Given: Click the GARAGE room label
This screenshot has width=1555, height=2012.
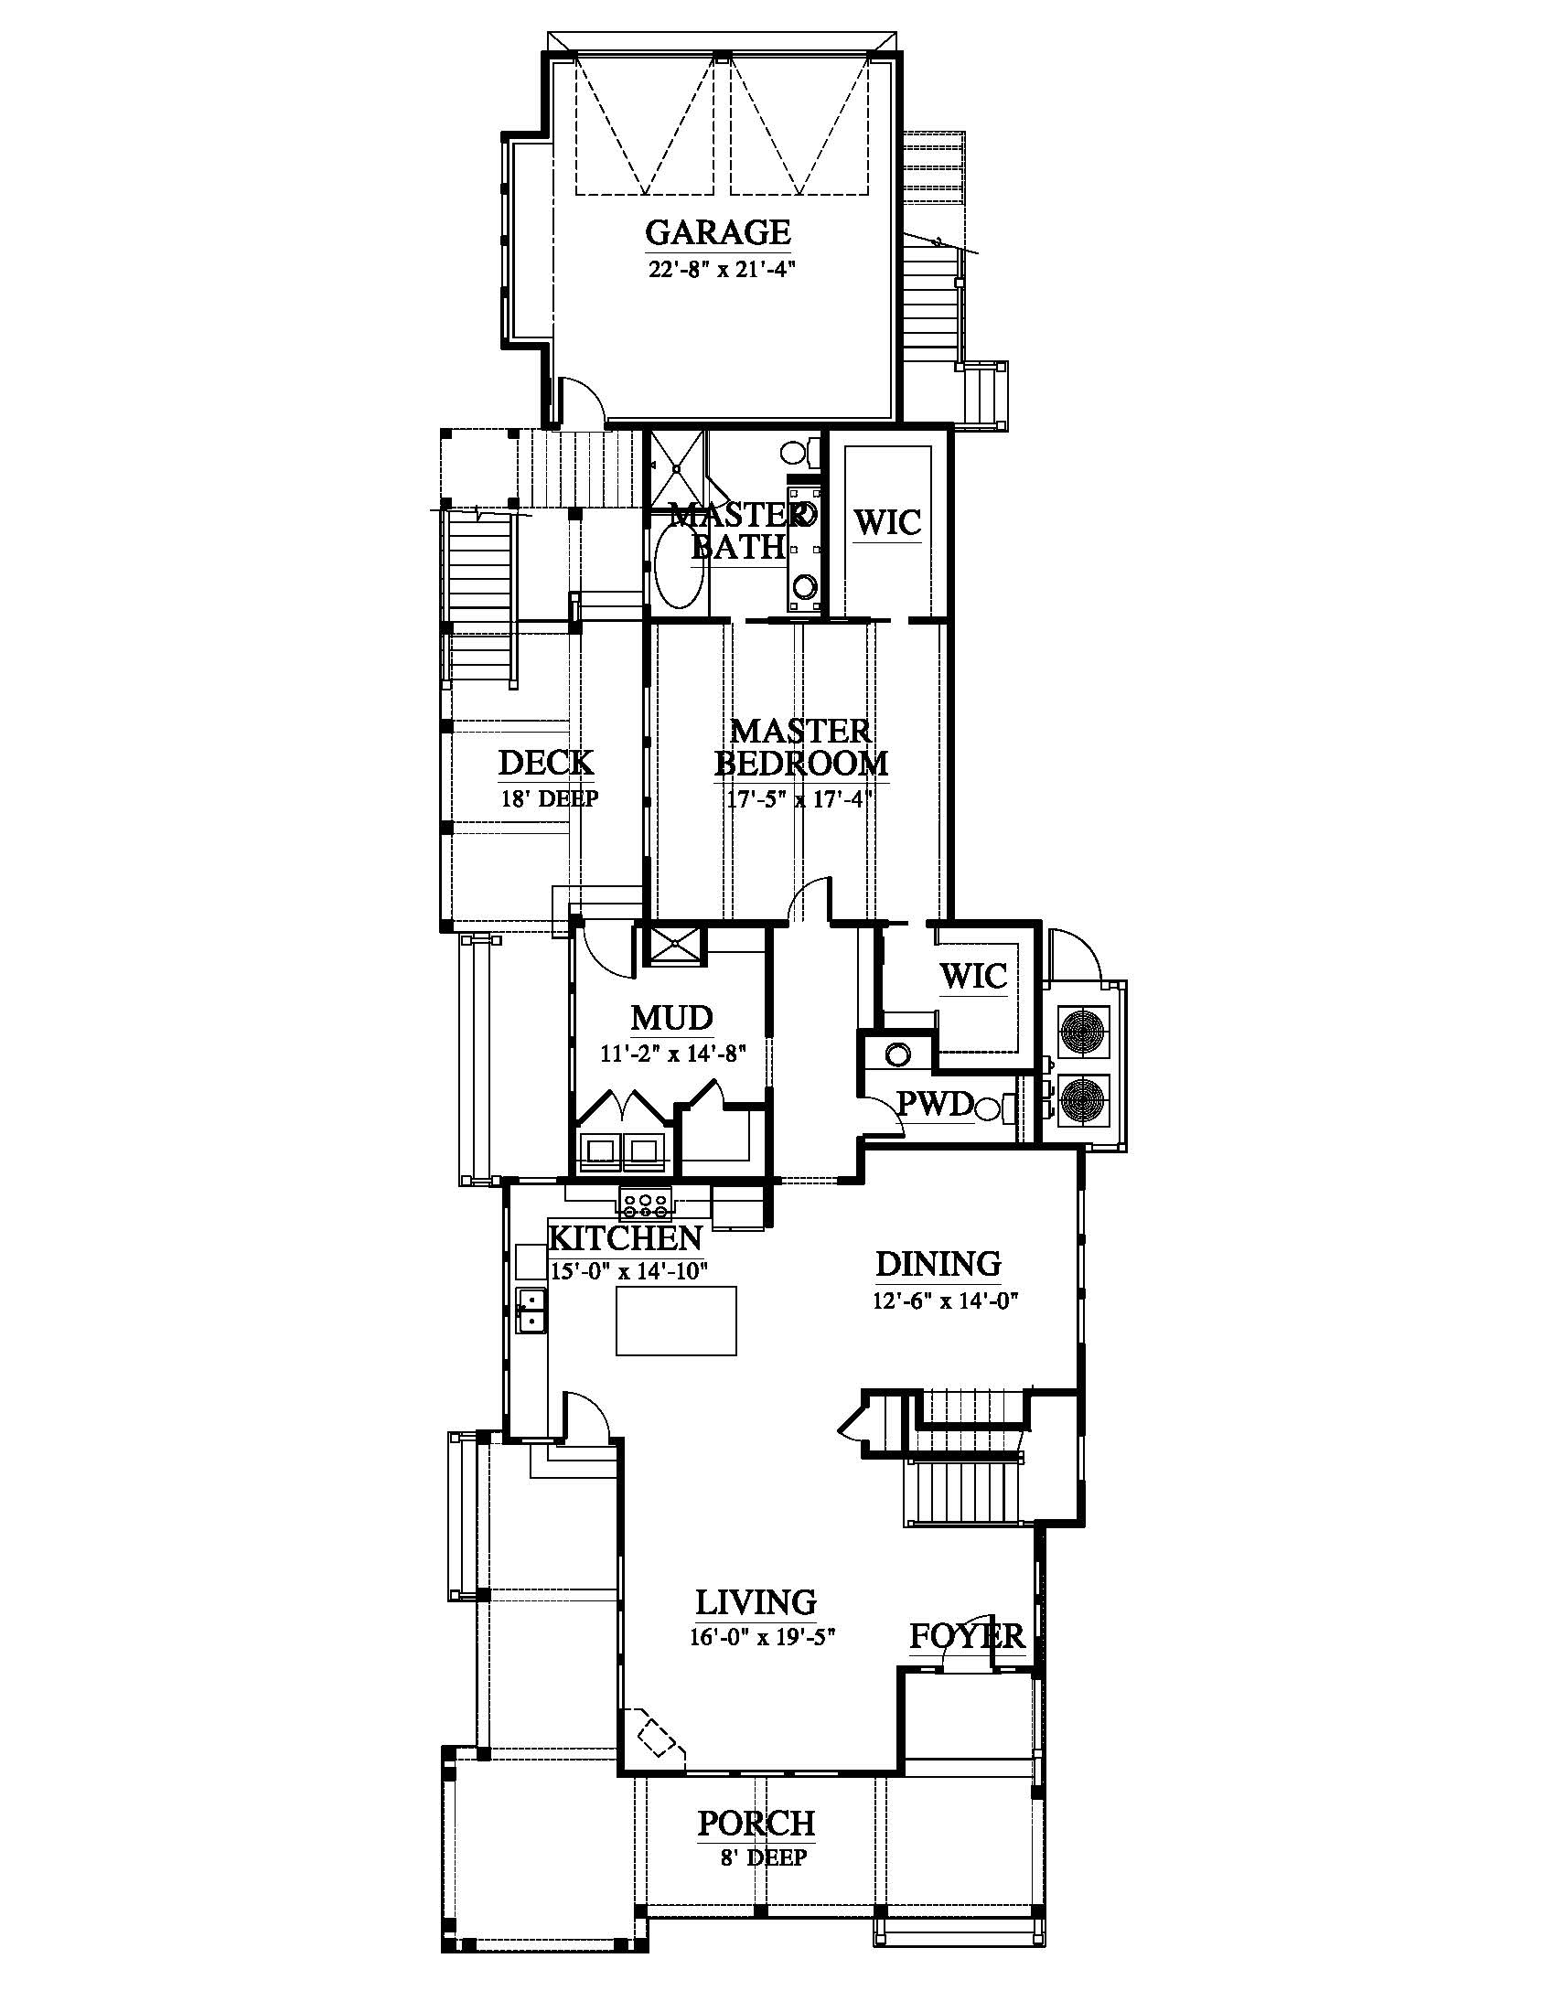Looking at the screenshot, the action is click(718, 232).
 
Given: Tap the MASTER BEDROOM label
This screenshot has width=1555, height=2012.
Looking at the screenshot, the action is click(801, 747).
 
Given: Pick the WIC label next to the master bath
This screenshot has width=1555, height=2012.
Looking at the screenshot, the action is click(887, 522).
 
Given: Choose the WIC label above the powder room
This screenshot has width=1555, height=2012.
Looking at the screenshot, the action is click(973, 976).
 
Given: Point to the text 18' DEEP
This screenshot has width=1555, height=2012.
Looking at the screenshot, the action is click(549, 798).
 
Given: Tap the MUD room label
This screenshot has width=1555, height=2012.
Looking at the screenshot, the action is click(671, 1018).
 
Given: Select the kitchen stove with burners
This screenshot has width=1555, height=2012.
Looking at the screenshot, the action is click(646, 1204).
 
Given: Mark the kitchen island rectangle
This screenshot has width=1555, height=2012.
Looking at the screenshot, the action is click(677, 1320).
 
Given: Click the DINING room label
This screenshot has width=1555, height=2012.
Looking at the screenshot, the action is click(938, 1264).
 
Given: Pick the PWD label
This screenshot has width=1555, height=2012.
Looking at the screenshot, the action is click(935, 1104).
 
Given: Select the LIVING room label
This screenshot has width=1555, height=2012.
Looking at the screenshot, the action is click(756, 1603).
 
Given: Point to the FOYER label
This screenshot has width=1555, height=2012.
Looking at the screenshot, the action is click(967, 1636).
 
